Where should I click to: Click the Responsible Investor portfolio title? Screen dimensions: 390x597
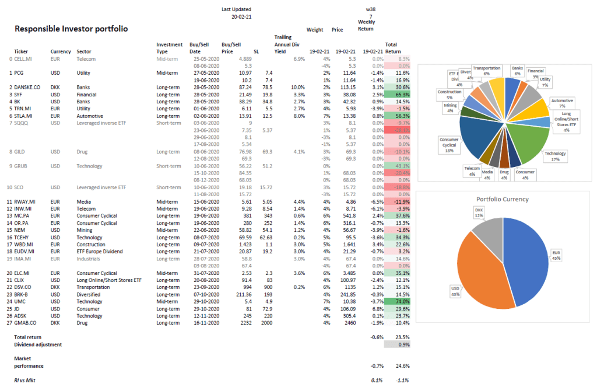point(71,29)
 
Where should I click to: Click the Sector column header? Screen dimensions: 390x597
point(84,51)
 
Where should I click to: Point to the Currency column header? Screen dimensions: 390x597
point(61,51)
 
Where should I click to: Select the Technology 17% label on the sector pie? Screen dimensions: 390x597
point(556,156)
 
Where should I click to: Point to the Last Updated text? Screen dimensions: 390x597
point(237,9)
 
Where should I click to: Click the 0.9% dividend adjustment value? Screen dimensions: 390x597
point(402,344)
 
